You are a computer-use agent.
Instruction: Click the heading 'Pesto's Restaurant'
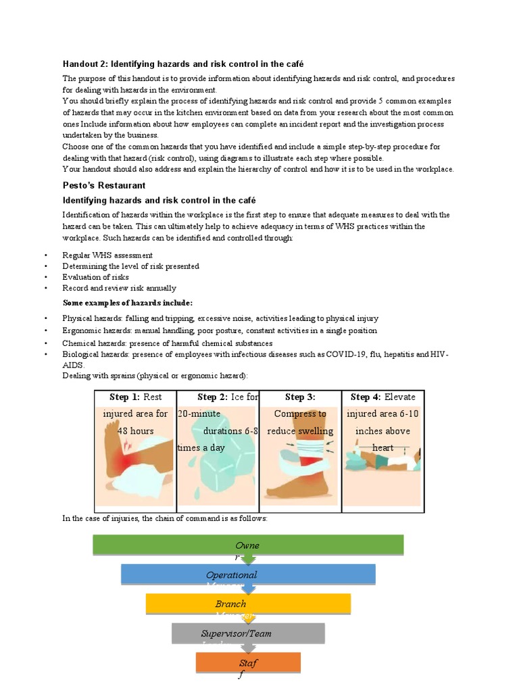[x=104, y=185]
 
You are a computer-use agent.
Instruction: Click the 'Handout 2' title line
[x=183, y=64]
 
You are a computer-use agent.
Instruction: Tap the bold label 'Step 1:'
[x=126, y=397]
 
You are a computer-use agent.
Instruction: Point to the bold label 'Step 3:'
[x=300, y=397]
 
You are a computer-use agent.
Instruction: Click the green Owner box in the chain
[x=247, y=545]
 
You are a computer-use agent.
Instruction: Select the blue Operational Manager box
[x=248, y=574]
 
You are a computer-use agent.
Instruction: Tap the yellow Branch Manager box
[x=248, y=603]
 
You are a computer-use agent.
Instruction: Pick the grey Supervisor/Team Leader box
[x=247, y=633]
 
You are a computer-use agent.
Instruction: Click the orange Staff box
[x=248, y=662]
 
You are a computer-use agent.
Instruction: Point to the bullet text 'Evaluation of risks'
[x=95, y=277]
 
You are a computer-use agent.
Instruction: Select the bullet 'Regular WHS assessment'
[x=107, y=255]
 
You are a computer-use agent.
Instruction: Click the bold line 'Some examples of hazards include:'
[x=128, y=302]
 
